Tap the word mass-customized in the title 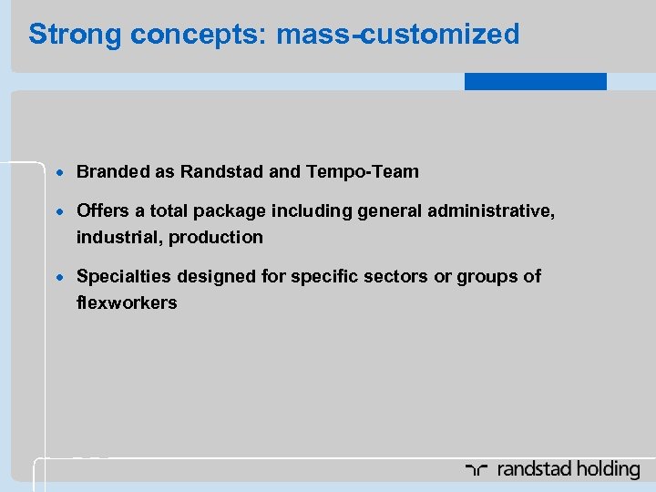[x=397, y=35]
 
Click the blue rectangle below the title [x=535, y=81]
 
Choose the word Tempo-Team [x=363, y=171]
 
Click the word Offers [x=103, y=211]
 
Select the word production [x=220, y=237]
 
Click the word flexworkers [x=127, y=302]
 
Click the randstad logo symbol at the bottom [x=477, y=470]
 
